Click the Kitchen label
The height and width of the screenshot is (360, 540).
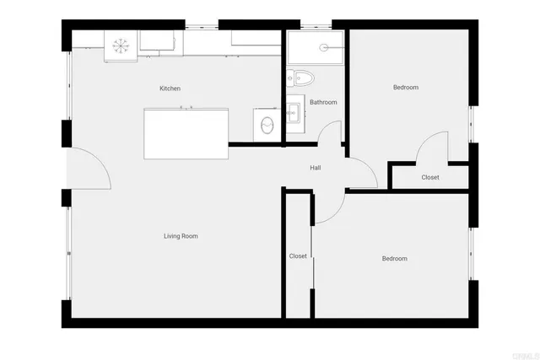(x=170, y=89)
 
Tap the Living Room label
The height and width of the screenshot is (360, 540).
(x=181, y=236)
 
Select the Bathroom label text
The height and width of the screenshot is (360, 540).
(x=323, y=103)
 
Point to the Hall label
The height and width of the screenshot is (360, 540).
(x=315, y=168)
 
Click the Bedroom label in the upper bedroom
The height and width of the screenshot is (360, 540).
(x=405, y=88)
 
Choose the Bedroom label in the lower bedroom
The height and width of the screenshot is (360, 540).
(x=394, y=259)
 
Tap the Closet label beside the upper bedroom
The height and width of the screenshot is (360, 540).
(x=430, y=178)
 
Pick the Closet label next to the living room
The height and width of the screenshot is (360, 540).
(x=298, y=256)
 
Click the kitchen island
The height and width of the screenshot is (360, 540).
(x=186, y=133)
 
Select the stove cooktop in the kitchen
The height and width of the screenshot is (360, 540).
(x=119, y=44)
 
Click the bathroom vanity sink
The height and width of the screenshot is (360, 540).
(x=294, y=110)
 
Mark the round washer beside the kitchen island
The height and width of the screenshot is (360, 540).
(x=267, y=126)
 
